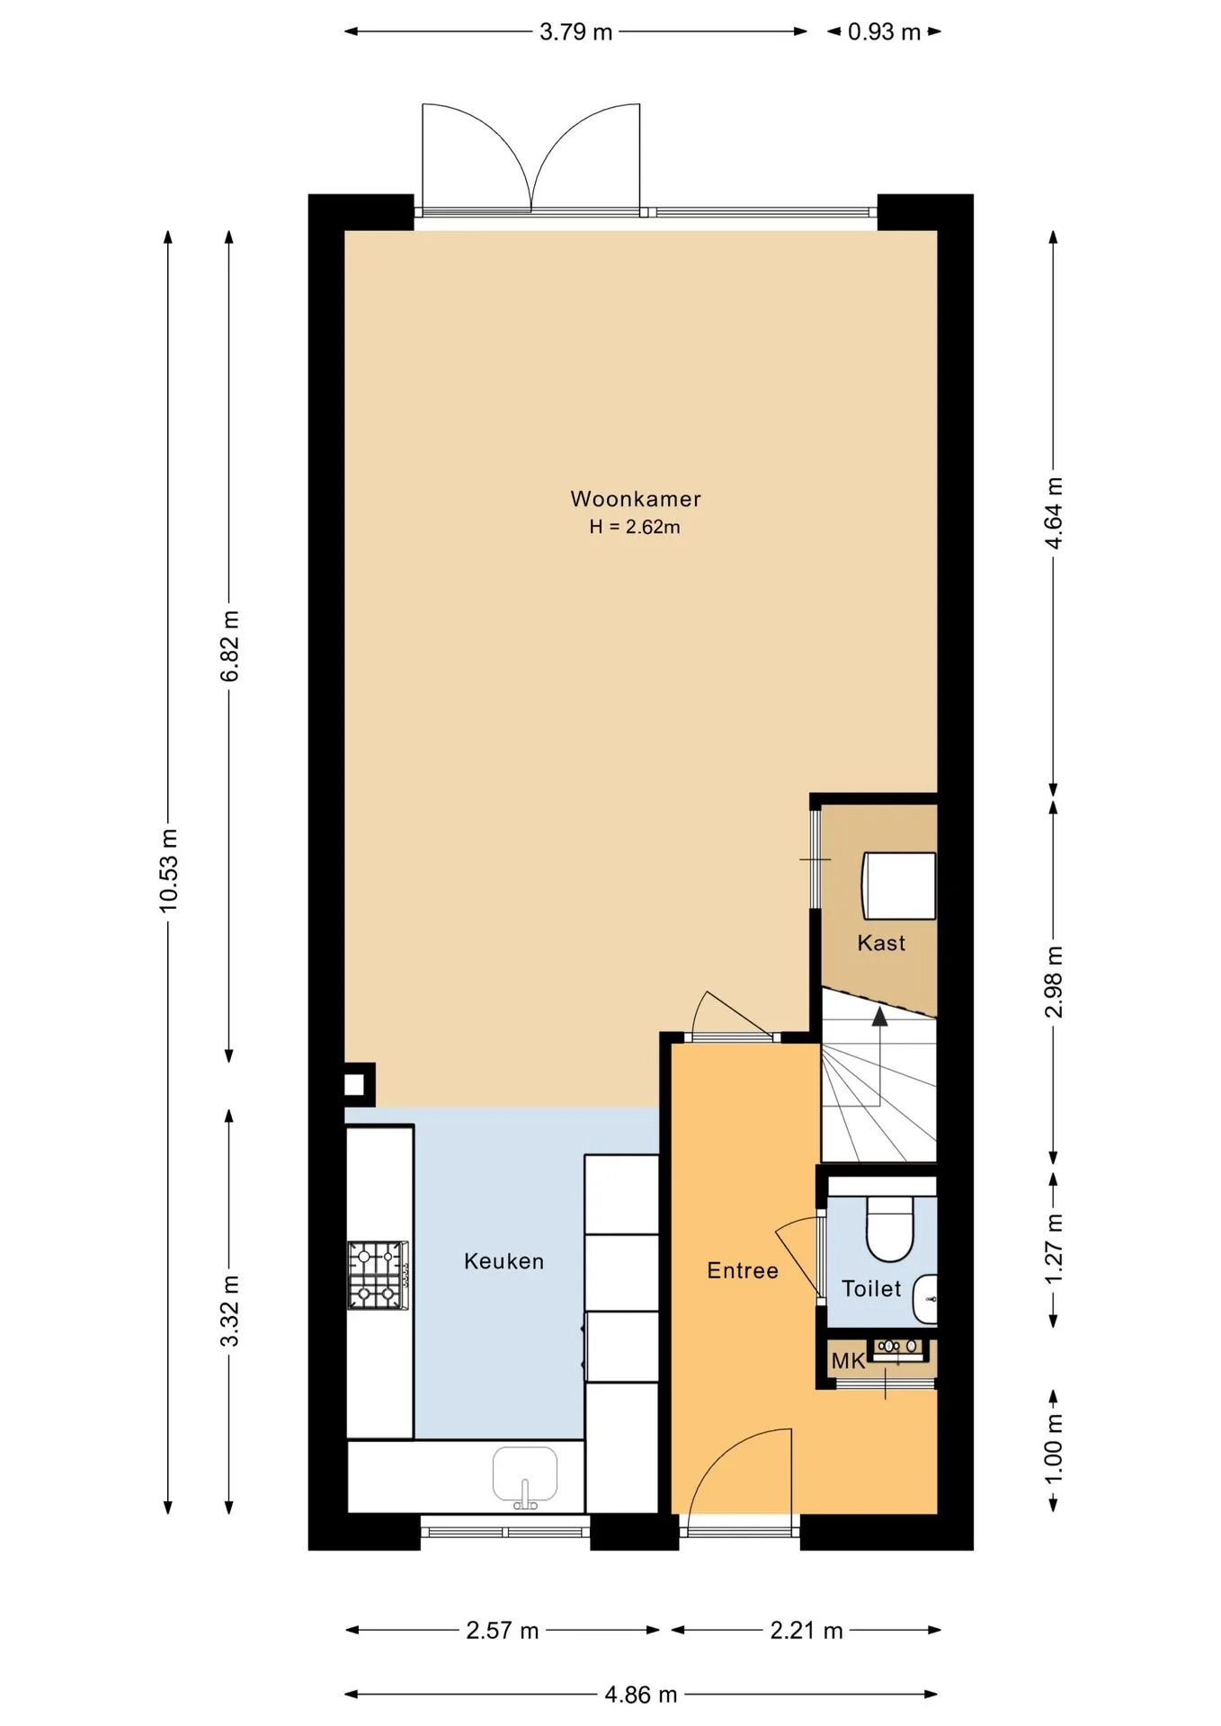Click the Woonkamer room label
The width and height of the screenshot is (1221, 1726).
click(x=635, y=499)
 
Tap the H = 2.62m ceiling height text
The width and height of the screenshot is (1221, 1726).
click(x=635, y=527)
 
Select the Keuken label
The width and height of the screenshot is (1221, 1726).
click(x=504, y=1261)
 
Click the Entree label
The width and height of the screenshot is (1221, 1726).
click(x=743, y=1270)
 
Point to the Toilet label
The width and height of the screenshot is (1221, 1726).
click(x=871, y=1288)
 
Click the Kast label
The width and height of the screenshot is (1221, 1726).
click(x=881, y=943)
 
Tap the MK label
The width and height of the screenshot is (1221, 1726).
click(x=848, y=1361)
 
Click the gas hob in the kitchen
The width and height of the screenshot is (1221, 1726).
click(x=379, y=1275)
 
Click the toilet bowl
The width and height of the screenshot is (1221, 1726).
click(x=890, y=1227)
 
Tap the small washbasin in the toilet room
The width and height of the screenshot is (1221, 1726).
click(x=925, y=1299)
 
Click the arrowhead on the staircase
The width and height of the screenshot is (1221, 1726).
click(x=879, y=1017)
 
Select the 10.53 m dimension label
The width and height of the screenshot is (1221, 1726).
click(x=168, y=870)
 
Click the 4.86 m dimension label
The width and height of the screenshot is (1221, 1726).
click(x=640, y=1695)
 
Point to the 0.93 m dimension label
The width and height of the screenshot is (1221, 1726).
click(x=884, y=32)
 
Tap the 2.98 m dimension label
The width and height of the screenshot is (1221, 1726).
click(x=1054, y=982)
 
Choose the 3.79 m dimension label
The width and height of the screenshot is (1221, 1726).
click(x=575, y=32)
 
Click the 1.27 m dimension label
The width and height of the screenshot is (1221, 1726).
click(x=1054, y=1250)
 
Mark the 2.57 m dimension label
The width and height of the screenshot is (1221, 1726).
click(x=502, y=1630)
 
